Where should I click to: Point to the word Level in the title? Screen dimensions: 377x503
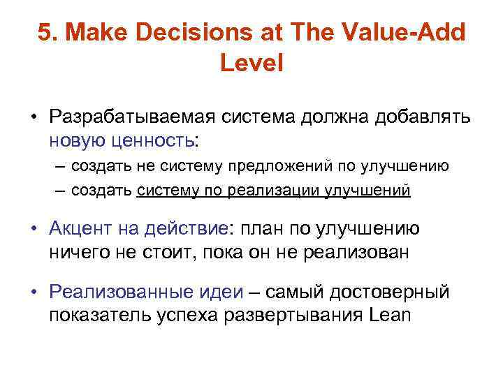coord(251,64)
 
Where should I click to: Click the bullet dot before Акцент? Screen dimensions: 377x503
coord(33,229)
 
